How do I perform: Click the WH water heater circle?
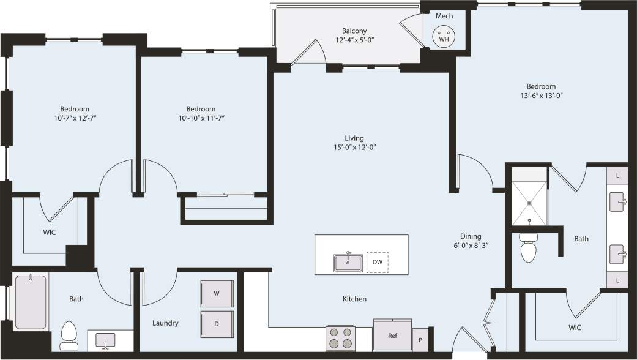[x=444, y=38]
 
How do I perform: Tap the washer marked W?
[x=217, y=293]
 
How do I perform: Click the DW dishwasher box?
[x=377, y=262]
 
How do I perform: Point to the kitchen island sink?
[x=348, y=263]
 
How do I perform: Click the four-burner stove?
[x=341, y=338]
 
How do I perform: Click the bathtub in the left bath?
[x=31, y=302]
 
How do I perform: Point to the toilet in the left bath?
[x=69, y=336]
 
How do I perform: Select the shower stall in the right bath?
[x=530, y=203]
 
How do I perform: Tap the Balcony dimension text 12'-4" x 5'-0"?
[x=355, y=40]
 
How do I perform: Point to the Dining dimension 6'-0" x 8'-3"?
[x=471, y=245]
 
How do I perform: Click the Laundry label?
[x=165, y=323]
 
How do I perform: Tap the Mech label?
[x=444, y=16]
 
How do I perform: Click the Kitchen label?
[x=354, y=299]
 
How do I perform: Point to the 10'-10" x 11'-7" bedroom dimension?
[x=201, y=118]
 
